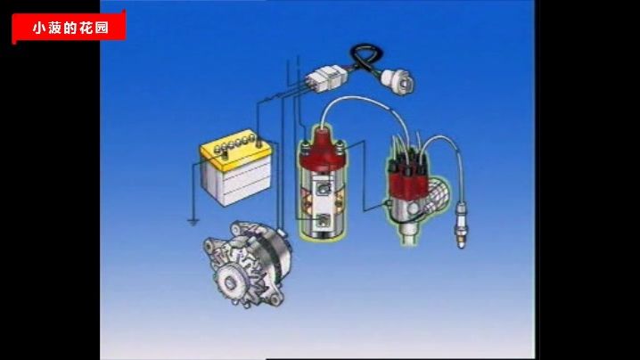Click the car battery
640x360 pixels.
coord(236,168)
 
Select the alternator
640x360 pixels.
coord(248,265)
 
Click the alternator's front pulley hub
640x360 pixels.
coord(229,282)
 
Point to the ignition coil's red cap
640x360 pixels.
coord(323,151)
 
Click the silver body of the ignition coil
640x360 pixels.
coord(323,204)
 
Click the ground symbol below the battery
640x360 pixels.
coord(193,223)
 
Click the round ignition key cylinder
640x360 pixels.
coord(398,82)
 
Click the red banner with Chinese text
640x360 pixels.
coord(69,27)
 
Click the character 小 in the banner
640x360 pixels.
coord(39,28)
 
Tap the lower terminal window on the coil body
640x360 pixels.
coord(324,220)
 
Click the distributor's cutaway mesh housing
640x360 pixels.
coord(438,195)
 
